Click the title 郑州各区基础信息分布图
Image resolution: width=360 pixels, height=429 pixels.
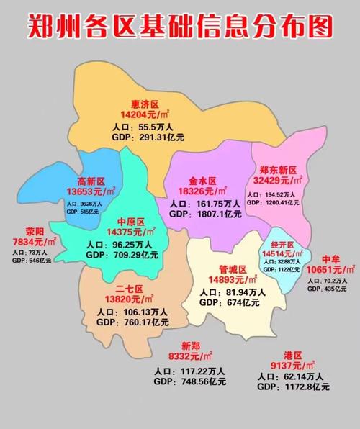pos(180,27)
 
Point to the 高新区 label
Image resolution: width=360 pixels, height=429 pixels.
pos(91,181)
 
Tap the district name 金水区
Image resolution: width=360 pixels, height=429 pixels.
pos(202,181)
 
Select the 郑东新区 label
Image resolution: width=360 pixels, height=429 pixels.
pos(279,170)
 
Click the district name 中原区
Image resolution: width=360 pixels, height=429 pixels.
pos(131,222)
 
